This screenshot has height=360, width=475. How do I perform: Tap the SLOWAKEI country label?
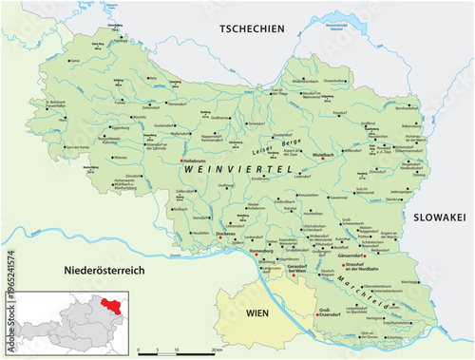pyautogui.click(x=438, y=218)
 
